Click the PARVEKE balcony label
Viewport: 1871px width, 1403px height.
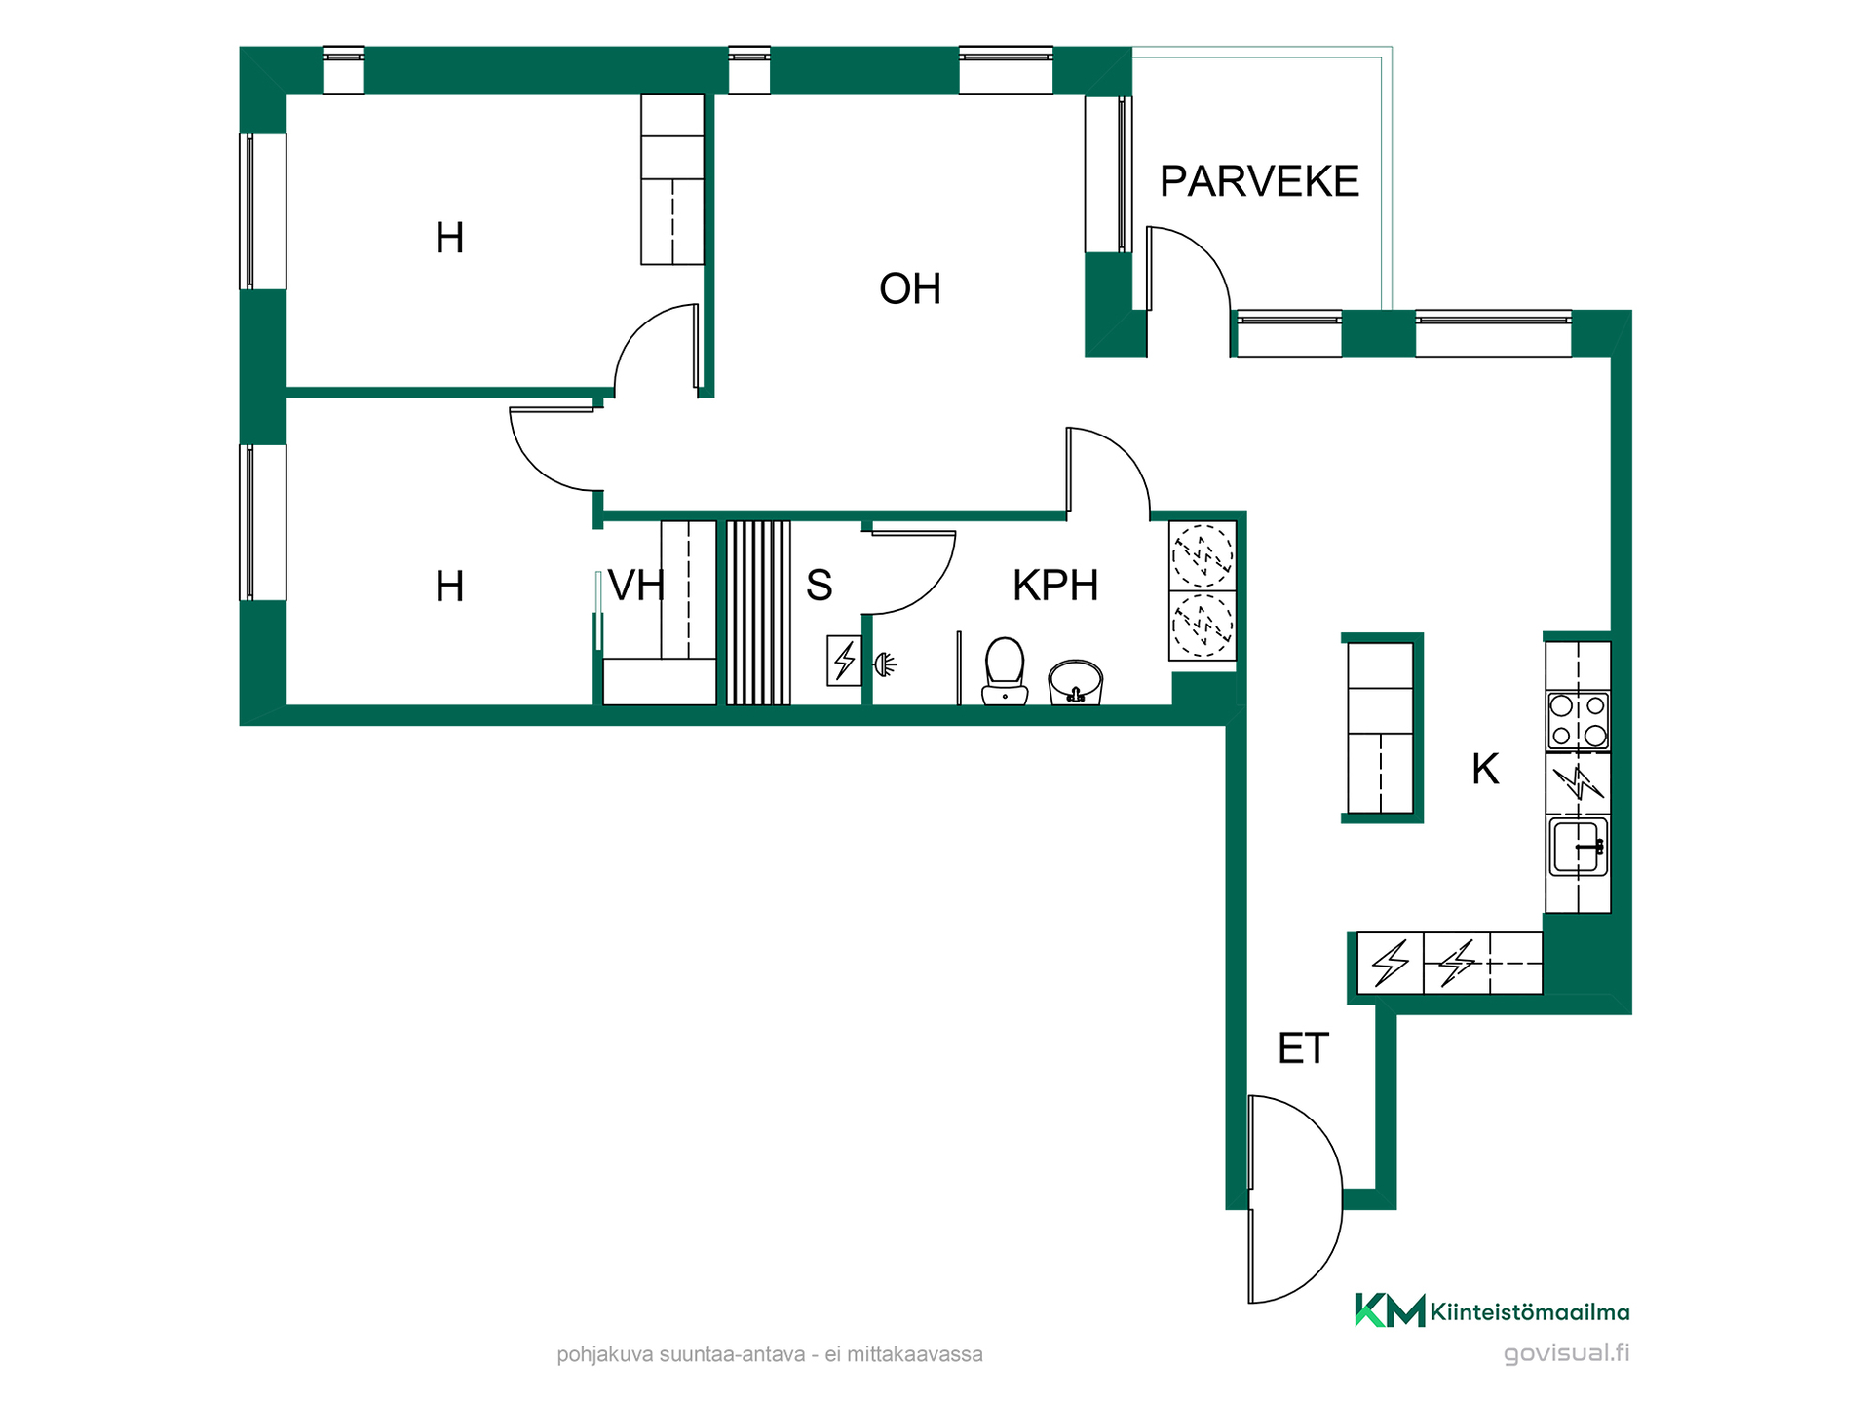[x=1259, y=181]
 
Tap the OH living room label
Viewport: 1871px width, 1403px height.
[x=910, y=288]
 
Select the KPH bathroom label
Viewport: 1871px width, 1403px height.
[x=1055, y=586]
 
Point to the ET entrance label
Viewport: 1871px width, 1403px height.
[x=1303, y=1048]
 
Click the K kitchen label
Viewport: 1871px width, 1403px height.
[x=1485, y=769]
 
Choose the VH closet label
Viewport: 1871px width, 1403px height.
[x=635, y=586]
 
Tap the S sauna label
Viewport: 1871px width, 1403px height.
[x=820, y=586]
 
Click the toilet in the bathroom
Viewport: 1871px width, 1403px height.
[x=1005, y=670]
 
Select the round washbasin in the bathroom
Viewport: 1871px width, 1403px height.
[x=1075, y=681]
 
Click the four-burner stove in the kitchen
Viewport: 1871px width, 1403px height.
[x=1578, y=720]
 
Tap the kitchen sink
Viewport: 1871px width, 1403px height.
[x=1579, y=847]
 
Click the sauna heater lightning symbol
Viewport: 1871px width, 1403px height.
[x=844, y=661]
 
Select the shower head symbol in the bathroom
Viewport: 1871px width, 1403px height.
[x=885, y=665]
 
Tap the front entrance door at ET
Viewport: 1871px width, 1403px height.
[x=1295, y=1198]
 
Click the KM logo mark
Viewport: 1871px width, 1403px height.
[x=1390, y=1310]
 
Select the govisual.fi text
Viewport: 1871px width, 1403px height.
[x=1566, y=1353]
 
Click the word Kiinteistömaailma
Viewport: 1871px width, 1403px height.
[x=1530, y=1312]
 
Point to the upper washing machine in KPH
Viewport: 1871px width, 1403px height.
[x=1203, y=555]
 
